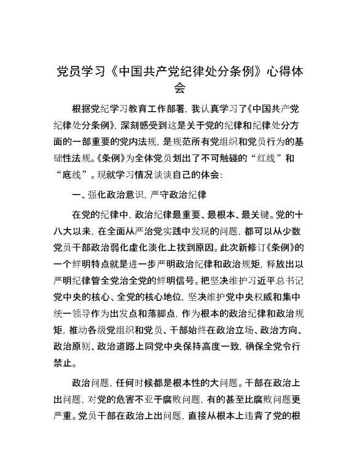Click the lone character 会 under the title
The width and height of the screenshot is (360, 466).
coord(179,88)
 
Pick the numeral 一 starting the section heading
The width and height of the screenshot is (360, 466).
coord(76,195)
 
